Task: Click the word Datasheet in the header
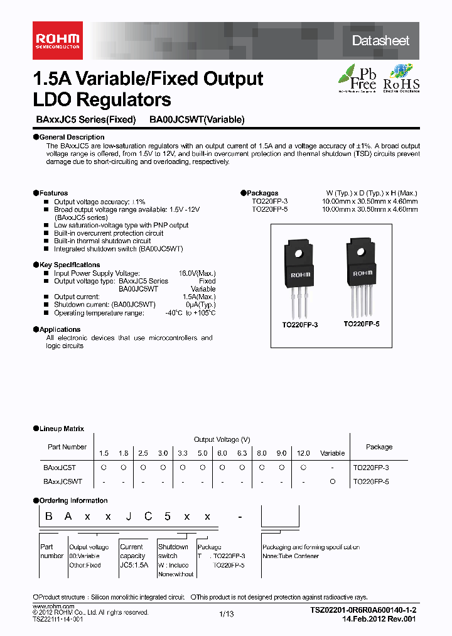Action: coord(380,41)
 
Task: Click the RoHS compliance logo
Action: coord(401,78)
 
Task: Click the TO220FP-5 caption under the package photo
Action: coord(362,324)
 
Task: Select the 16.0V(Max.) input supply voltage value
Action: coord(197,273)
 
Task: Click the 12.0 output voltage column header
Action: coord(303,453)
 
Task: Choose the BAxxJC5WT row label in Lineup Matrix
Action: coord(62,481)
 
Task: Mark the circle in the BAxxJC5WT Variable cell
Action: coord(333,481)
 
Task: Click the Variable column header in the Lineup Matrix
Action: coord(333,453)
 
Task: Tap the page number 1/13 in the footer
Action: coord(226,615)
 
